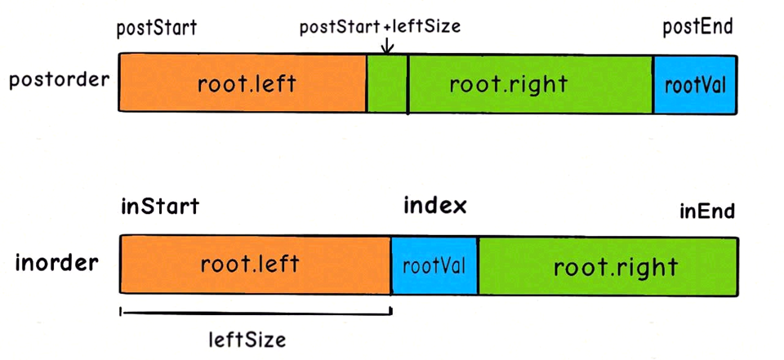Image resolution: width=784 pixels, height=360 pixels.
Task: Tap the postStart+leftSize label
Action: (x=381, y=27)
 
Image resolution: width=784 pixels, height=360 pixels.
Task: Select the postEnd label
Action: (x=697, y=27)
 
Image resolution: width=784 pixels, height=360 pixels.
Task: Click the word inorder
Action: (x=57, y=263)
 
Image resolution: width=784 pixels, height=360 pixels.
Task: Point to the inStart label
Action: (x=159, y=207)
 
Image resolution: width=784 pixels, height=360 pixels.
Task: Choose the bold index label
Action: (x=435, y=205)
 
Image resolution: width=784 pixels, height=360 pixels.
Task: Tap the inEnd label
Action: (x=707, y=211)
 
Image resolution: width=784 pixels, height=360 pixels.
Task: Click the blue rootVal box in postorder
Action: (x=695, y=84)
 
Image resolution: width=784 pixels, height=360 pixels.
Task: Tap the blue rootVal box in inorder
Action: (x=434, y=266)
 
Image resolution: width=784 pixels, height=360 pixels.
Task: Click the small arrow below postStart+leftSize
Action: (x=388, y=47)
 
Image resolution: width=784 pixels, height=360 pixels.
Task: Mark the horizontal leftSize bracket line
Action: (x=256, y=310)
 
